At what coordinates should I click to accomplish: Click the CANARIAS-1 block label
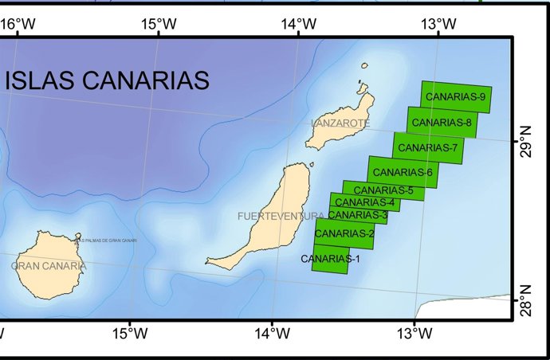click(331, 259)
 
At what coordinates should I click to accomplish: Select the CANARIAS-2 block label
click(344, 233)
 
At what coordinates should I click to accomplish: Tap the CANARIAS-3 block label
click(358, 215)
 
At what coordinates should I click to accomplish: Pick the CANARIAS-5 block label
click(383, 190)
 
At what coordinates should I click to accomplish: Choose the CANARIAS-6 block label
click(403, 172)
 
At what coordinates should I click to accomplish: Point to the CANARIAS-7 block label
click(427, 147)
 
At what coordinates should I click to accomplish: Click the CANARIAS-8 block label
click(442, 123)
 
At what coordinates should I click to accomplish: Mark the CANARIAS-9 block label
click(456, 97)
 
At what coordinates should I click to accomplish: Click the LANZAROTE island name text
click(340, 123)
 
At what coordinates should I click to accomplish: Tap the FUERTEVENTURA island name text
click(281, 216)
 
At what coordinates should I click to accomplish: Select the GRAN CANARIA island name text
click(49, 266)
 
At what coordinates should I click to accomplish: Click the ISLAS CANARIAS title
click(107, 80)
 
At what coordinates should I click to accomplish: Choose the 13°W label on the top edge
click(437, 23)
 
